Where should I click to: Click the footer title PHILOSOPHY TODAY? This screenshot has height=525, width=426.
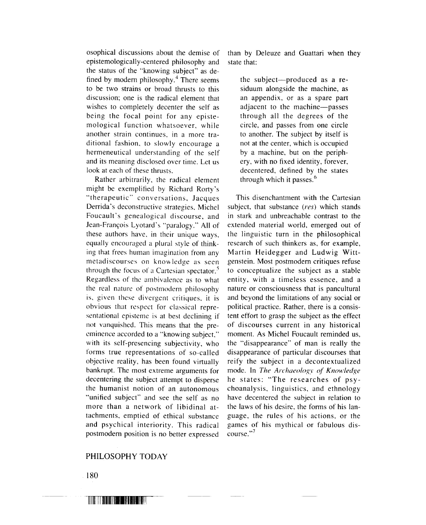[126, 457]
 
